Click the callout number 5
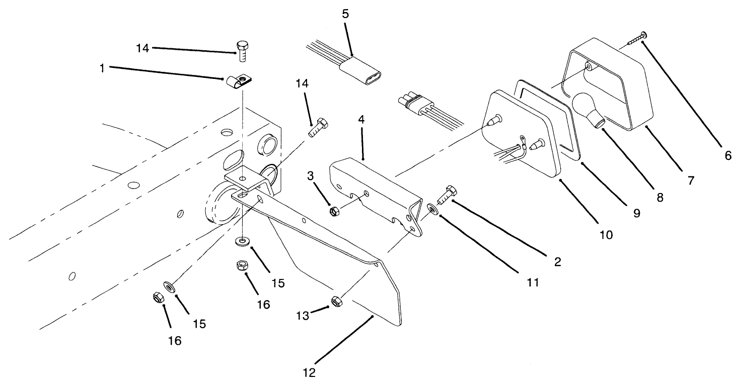click(x=345, y=14)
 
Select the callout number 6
click(x=728, y=155)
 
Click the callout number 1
click(x=102, y=67)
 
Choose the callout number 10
click(x=607, y=234)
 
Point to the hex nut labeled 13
click(x=337, y=301)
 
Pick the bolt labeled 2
click(x=446, y=195)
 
